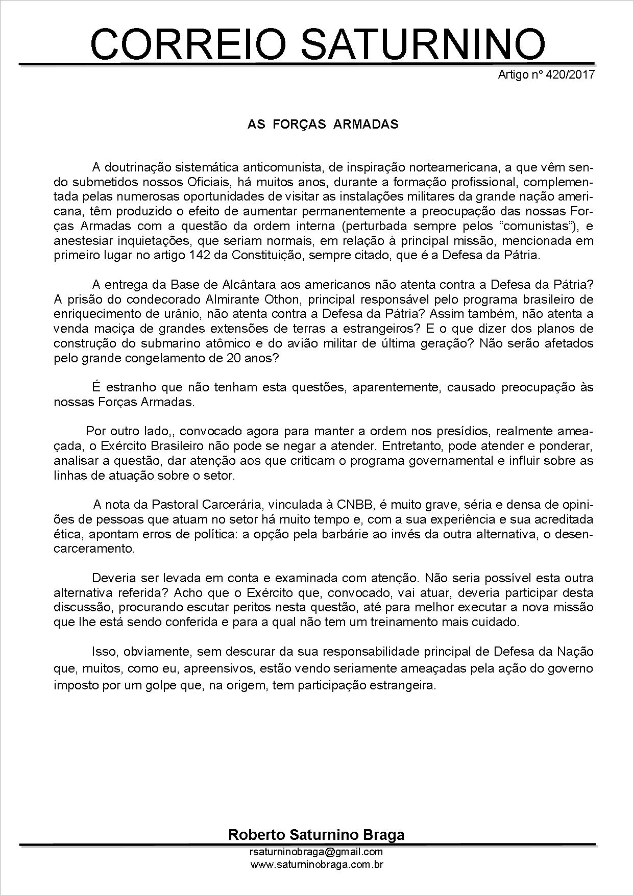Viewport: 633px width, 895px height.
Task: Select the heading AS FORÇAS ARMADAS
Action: [x=323, y=125]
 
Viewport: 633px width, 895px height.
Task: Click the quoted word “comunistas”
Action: [x=518, y=226]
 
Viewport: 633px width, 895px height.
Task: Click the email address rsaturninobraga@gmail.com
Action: [x=316, y=852]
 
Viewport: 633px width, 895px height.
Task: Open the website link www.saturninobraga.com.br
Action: [x=316, y=865]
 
